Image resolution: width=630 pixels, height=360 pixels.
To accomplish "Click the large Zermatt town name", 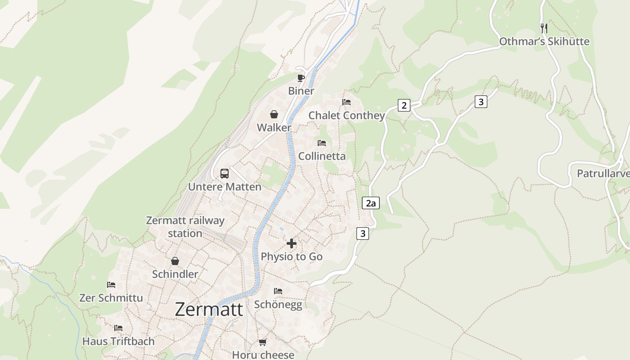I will (209, 310).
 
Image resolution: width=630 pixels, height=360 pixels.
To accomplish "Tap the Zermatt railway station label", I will (185, 227).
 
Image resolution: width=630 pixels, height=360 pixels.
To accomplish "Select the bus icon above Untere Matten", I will (224, 173).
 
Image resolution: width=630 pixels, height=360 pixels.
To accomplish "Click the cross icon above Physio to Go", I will (292, 243).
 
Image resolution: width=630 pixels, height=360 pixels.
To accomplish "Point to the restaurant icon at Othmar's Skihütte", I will (544, 28).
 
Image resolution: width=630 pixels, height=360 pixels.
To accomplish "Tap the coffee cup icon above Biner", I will (301, 78).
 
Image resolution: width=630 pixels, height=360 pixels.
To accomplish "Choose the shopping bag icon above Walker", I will (274, 114).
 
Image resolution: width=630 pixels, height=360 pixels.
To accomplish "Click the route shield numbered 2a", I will (370, 203).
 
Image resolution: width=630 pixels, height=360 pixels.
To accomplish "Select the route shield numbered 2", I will (404, 106).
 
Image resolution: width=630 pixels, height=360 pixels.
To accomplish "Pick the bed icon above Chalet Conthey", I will (346, 102).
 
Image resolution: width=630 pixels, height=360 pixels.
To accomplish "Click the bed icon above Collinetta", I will (322, 143).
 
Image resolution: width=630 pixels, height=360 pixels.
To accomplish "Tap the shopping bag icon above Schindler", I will (175, 261).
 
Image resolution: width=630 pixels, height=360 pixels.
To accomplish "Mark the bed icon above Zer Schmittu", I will (111, 285).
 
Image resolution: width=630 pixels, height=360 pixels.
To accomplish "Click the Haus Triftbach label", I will (118, 341).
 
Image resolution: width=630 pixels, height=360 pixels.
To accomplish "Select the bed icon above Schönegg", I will (278, 291).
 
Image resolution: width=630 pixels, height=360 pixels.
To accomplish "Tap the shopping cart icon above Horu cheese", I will (263, 342).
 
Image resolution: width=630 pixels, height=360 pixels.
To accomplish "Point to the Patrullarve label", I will (603, 173).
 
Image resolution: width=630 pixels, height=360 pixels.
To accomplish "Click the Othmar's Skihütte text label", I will (544, 42).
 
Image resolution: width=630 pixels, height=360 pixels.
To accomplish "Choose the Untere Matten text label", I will (225, 187).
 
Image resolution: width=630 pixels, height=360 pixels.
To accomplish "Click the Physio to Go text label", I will (292, 256).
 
